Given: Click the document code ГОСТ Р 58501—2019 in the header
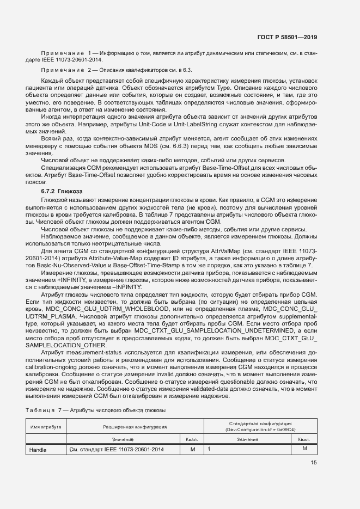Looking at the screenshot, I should (287, 38).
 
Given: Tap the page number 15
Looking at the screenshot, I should (313, 463).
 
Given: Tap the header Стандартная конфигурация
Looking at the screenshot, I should (259, 426).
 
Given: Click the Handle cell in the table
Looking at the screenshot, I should (38, 450).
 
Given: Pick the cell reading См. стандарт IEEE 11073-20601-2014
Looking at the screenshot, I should (117, 450).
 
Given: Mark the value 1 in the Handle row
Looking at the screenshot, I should (209, 449).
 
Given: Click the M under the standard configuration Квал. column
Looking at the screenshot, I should (304, 449).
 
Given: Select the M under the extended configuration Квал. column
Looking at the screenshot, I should (192, 450).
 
